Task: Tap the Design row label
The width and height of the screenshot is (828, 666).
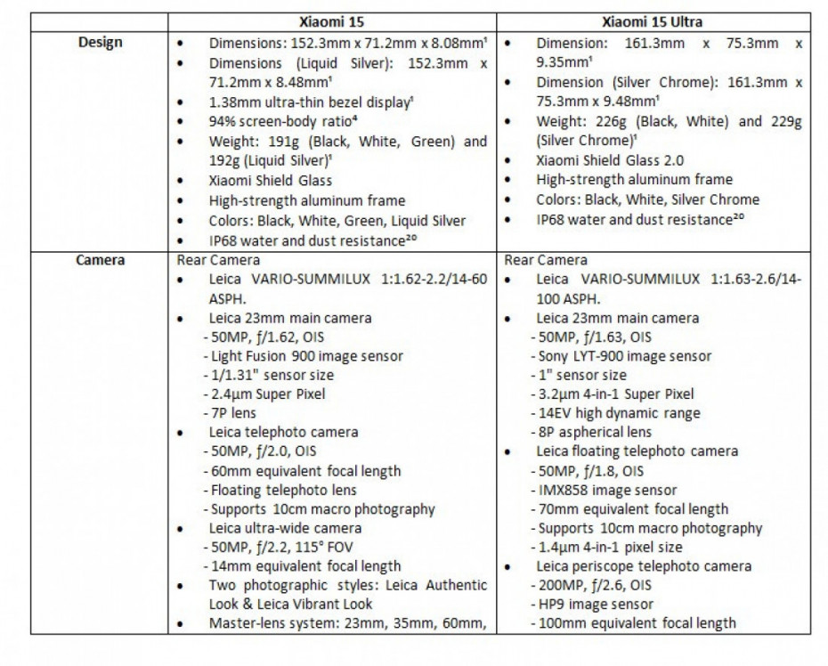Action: coord(100,42)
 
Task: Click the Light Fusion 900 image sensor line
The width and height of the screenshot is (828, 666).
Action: coord(304,356)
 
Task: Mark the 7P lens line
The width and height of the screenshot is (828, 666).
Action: coord(233,414)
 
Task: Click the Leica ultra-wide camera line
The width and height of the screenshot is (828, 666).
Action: coord(285,528)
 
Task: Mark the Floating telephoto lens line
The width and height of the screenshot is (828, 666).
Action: coord(283,491)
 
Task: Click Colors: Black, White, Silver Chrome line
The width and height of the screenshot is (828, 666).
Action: coord(647,199)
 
